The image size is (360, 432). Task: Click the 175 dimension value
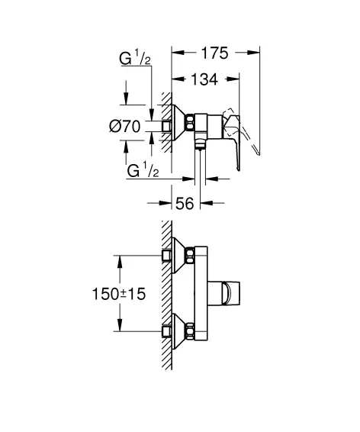[x=214, y=53]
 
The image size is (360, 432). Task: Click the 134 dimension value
[x=204, y=79]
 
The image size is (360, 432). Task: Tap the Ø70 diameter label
[x=125, y=127]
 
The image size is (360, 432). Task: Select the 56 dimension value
[x=185, y=204]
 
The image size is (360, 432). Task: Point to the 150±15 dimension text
[x=119, y=294]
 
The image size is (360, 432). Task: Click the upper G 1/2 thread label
[x=135, y=59]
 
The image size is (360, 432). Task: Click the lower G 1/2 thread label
[x=143, y=170]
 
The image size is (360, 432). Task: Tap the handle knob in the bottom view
[x=223, y=293]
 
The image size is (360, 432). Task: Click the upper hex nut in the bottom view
[x=190, y=256]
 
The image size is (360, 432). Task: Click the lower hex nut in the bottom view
[x=190, y=331]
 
